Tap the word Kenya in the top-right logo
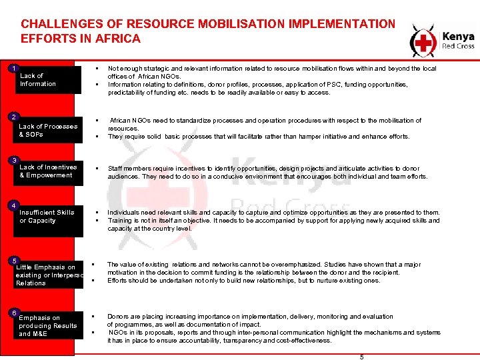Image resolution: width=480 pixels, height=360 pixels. click(459, 37)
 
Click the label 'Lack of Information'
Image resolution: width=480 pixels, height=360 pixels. click(38, 80)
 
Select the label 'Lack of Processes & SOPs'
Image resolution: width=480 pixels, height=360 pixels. click(48, 130)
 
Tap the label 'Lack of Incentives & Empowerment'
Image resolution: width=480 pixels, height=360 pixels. click(48, 171)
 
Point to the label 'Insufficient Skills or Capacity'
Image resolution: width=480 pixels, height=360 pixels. click(47, 216)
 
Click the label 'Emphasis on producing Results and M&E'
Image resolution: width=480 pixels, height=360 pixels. click(48, 325)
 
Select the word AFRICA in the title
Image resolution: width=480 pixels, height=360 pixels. click(119, 39)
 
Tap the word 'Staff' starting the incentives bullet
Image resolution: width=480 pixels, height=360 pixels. click(116, 169)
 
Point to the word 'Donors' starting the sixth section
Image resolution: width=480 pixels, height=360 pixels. click(119, 316)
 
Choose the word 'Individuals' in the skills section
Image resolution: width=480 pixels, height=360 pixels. click(125, 213)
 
